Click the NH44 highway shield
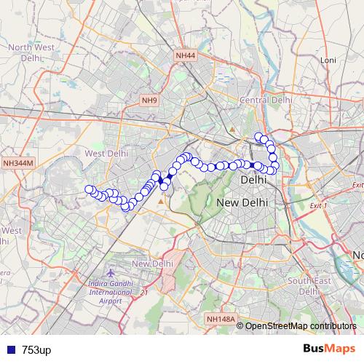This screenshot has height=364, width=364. [x=186, y=56]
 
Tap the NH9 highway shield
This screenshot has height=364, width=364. [x=149, y=100]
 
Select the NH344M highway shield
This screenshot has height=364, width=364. [x=17, y=164]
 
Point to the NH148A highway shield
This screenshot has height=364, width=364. [x=221, y=319]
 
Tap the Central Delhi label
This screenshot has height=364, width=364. [x=266, y=100]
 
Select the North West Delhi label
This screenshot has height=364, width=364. [x=31, y=53]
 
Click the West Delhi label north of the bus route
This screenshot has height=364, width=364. [x=106, y=154]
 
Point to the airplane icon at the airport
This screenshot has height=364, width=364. [x=111, y=272]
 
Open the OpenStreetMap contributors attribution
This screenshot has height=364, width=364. [x=300, y=325]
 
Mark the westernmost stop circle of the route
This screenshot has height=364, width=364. [x=90, y=190]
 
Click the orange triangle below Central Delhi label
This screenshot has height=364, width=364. [x=232, y=130]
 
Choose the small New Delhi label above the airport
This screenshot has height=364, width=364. [x=152, y=263]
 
